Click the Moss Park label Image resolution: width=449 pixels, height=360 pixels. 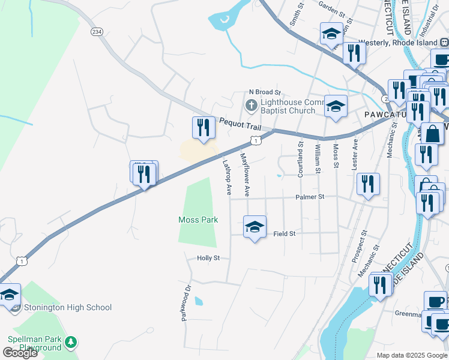(x=197, y=220)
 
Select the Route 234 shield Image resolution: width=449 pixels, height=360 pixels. (x=95, y=31)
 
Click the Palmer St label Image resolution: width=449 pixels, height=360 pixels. (x=310, y=196)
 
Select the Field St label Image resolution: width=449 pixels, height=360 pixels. (x=285, y=233)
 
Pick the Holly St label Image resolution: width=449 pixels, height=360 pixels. (x=209, y=258)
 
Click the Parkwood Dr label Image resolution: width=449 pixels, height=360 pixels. (x=185, y=302)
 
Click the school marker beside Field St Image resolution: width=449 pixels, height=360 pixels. (x=255, y=227)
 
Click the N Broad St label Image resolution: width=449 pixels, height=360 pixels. (x=265, y=92)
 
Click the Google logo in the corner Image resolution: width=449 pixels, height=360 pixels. (x=20, y=353)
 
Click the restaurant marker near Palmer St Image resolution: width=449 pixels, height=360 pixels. (x=368, y=185)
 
